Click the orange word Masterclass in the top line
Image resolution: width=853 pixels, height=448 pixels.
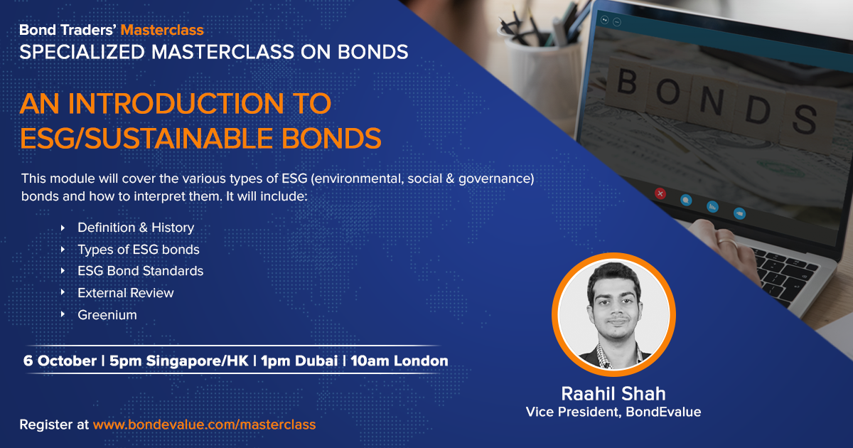[162, 30]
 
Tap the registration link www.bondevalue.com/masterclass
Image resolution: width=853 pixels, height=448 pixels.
[205, 425]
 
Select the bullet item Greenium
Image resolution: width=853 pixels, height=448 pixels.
[107, 315]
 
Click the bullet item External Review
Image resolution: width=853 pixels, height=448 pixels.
[126, 293]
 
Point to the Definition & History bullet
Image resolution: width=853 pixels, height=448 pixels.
[136, 228]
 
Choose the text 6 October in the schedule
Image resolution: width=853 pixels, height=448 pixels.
[60, 361]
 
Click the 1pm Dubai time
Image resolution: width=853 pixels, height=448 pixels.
[299, 361]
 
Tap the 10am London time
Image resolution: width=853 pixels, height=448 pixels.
[399, 361]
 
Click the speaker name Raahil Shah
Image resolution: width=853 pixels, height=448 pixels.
[613, 393]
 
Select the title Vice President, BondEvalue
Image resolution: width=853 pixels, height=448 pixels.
[613, 412]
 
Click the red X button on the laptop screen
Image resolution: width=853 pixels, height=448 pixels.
[660, 193]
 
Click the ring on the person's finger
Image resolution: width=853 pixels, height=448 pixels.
[727, 242]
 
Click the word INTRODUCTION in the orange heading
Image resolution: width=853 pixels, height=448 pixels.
[176, 104]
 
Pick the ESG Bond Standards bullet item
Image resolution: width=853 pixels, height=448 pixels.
[141, 271]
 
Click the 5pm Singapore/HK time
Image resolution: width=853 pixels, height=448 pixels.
[178, 361]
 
